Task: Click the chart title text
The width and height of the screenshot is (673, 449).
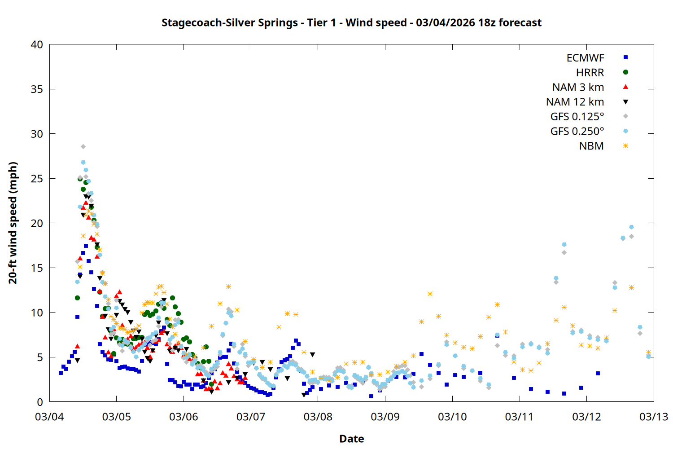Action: tap(351, 22)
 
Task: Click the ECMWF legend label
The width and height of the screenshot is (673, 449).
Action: tap(585, 58)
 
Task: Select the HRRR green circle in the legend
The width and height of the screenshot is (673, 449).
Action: tap(625, 72)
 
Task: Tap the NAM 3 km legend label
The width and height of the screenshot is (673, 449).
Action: tap(578, 87)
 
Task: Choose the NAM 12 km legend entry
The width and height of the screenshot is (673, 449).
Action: tap(575, 102)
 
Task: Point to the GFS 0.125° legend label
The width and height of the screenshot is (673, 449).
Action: tap(577, 117)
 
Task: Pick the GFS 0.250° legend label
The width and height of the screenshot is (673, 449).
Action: tap(577, 131)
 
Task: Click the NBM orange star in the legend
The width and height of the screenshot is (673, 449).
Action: tap(625, 145)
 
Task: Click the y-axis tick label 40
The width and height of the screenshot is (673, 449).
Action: tap(37, 44)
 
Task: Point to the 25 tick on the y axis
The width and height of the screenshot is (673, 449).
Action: tap(37, 179)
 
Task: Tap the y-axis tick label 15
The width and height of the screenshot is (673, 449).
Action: tap(37, 268)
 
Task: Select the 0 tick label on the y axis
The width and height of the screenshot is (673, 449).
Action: tap(40, 402)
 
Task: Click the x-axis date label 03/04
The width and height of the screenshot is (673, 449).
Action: tap(49, 417)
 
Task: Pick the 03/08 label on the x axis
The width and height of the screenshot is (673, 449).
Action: tap(318, 417)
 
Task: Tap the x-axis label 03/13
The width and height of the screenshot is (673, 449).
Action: tap(654, 417)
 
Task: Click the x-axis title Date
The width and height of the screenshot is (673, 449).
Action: tap(351, 439)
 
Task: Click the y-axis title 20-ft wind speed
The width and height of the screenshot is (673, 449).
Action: tap(13, 223)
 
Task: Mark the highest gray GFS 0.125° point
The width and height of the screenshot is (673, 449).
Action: tap(83, 147)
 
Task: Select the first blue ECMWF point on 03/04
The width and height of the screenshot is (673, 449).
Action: tap(61, 373)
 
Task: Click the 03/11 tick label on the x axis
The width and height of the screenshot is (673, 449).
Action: tap(519, 417)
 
